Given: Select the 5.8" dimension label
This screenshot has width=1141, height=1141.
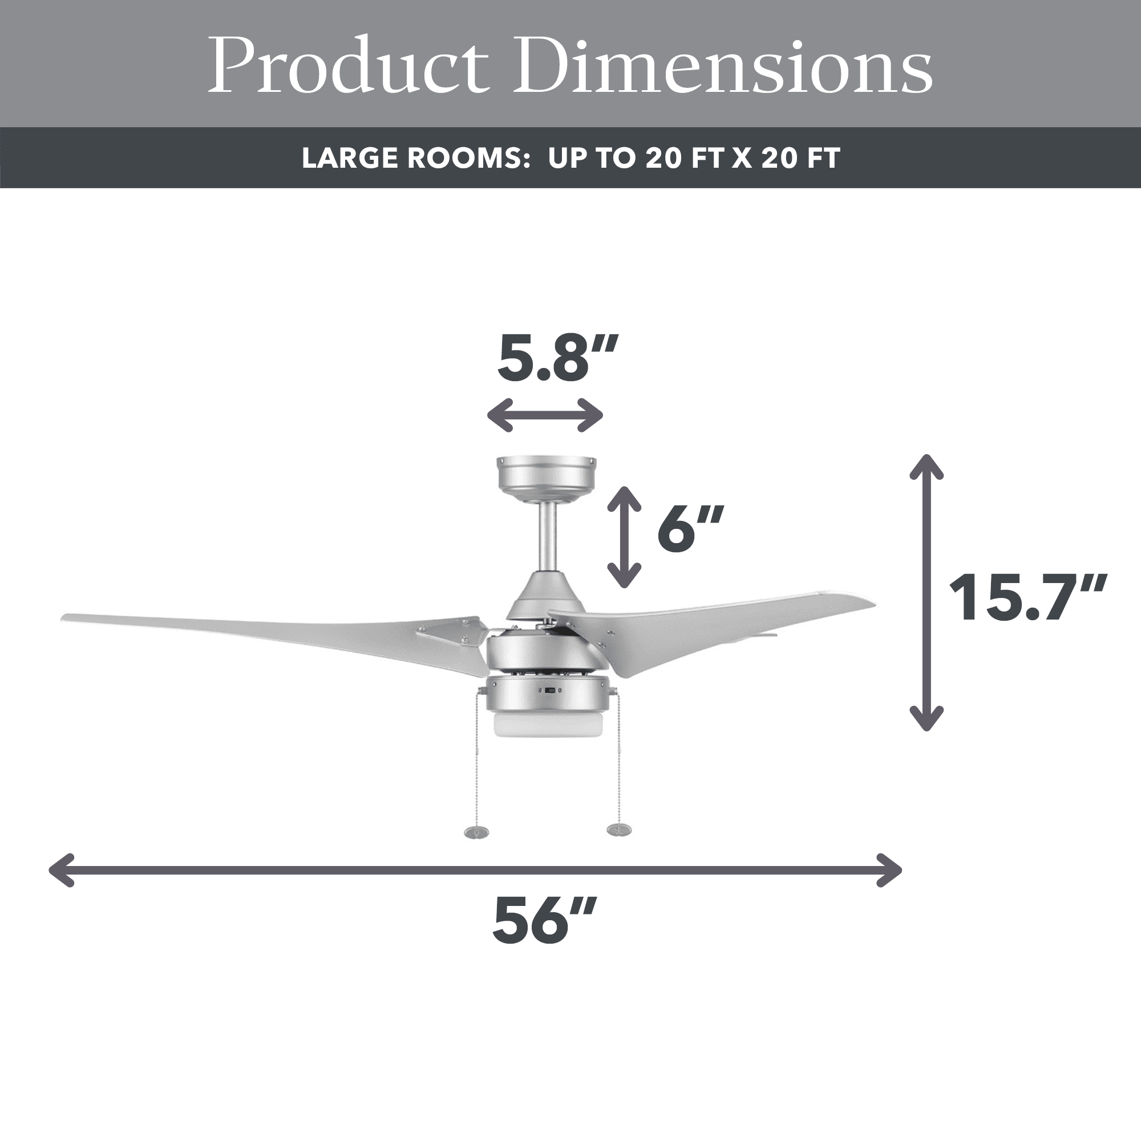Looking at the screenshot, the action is click(557, 357).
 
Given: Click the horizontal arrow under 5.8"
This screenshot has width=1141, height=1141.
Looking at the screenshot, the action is click(545, 415).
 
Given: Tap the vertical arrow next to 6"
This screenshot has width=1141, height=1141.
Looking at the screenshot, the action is click(624, 537).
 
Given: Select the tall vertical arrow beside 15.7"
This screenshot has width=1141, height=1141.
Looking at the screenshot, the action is click(926, 592).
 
